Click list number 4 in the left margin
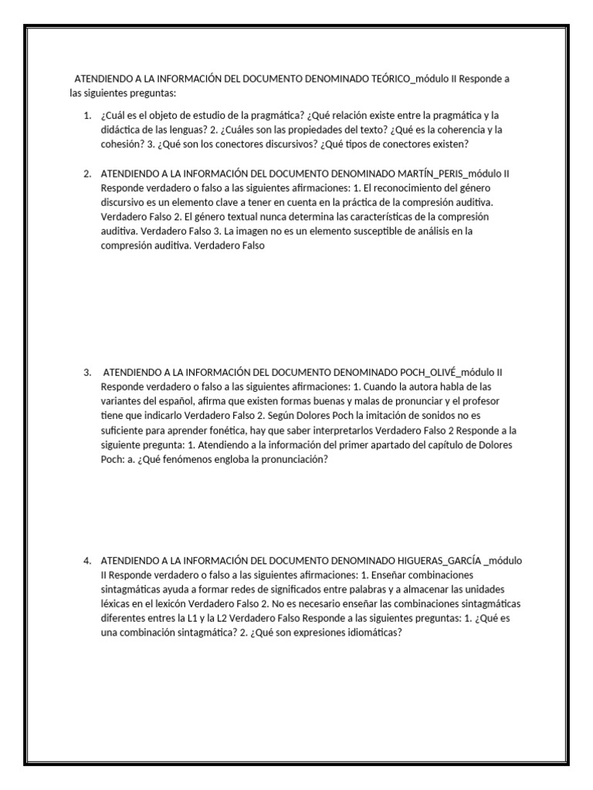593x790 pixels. (x=87, y=560)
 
